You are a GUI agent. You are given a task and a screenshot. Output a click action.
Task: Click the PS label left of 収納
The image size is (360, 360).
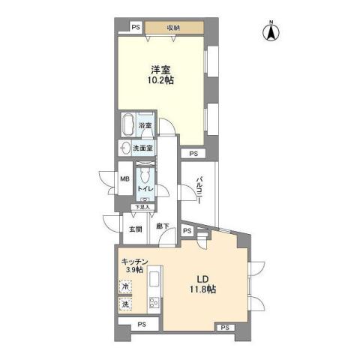[x=136, y=28]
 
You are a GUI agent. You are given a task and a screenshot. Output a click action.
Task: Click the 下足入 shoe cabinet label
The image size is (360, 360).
[x=142, y=206]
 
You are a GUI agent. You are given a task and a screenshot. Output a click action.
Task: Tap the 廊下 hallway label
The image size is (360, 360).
[x=160, y=226]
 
